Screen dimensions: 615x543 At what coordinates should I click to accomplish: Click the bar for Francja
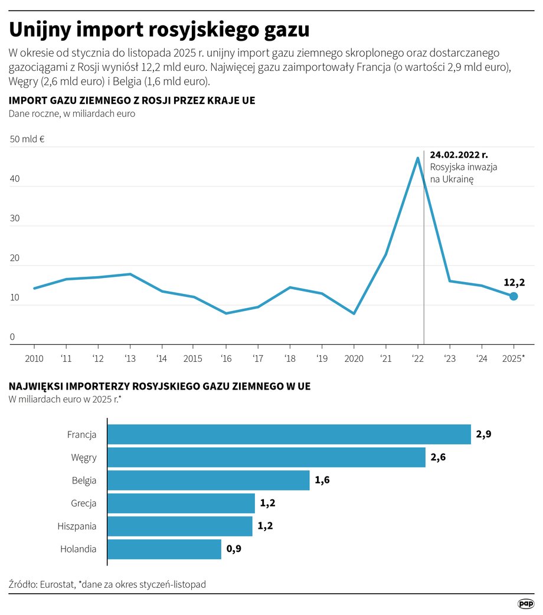point(289,434)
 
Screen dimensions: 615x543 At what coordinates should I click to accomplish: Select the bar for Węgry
point(266,457)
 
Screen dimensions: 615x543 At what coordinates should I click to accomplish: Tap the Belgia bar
point(208,480)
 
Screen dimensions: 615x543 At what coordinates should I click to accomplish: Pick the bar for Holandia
point(164,549)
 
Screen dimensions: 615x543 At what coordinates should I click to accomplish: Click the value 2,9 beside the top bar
point(484,434)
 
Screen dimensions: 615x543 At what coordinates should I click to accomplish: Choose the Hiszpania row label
point(77,526)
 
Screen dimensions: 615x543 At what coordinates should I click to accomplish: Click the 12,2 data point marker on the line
point(513,296)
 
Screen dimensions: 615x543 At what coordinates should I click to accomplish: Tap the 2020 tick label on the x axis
point(354,358)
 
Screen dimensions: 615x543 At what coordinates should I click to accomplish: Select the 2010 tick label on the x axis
point(34,358)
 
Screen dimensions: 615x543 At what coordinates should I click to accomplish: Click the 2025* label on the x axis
point(513,358)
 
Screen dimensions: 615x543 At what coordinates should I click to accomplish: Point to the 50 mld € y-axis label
point(28,139)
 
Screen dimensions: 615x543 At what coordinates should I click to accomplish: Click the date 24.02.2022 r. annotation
point(459,155)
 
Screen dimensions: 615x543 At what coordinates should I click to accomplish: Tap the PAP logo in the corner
point(526,603)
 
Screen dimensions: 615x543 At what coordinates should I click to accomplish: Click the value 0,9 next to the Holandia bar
point(234,549)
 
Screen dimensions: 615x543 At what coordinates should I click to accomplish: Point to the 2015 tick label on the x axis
point(194,358)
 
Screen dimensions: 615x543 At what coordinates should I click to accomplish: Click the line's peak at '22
point(418,158)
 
